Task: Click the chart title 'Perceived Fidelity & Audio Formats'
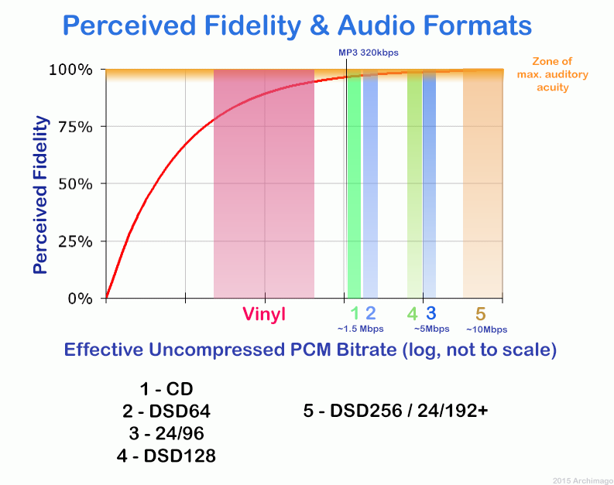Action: tap(297, 25)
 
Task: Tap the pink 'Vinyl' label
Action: tap(264, 314)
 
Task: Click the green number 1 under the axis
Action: tap(355, 313)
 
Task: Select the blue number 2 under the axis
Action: tap(370, 313)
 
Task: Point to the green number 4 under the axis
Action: tap(413, 313)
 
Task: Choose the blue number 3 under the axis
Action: tap(430, 313)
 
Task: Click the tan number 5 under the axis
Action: tap(480, 313)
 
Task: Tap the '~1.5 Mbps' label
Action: tap(361, 329)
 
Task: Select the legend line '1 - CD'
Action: tap(166, 388)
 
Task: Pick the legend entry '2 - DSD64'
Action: tap(166, 411)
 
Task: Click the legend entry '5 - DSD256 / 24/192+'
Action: tap(396, 411)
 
